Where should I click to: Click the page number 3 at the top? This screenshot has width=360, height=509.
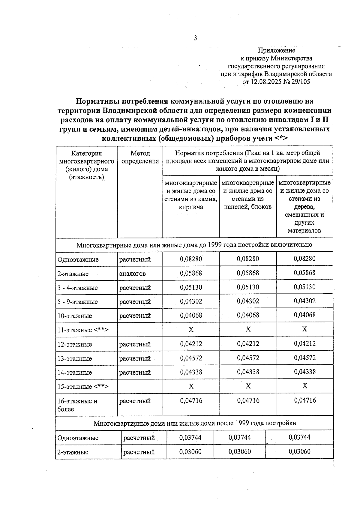[195, 38]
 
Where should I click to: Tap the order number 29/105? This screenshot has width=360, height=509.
[300, 82]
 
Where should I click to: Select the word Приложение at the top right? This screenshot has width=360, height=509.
[277, 50]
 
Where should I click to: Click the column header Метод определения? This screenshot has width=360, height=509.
[140, 157]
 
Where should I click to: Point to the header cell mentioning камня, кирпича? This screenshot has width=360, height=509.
[191, 195]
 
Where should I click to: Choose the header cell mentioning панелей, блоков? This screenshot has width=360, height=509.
[248, 195]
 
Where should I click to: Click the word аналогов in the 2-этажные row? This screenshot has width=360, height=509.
[132, 274]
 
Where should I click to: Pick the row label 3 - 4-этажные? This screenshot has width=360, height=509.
[78, 288]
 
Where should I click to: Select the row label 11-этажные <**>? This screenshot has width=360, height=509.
[83, 330]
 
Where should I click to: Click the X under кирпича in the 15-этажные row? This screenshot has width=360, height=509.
[191, 386]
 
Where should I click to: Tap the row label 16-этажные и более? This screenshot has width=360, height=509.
[77, 405]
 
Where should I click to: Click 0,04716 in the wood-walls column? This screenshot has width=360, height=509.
[305, 400]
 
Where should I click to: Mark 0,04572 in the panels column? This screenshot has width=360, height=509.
[248, 358]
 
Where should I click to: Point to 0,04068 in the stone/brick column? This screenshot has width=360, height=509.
[191, 315]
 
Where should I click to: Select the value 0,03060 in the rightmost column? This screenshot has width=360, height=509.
[299, 452]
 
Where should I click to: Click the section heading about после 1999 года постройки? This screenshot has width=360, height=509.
[194, 423]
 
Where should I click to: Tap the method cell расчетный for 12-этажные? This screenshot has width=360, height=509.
[135, 344]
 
